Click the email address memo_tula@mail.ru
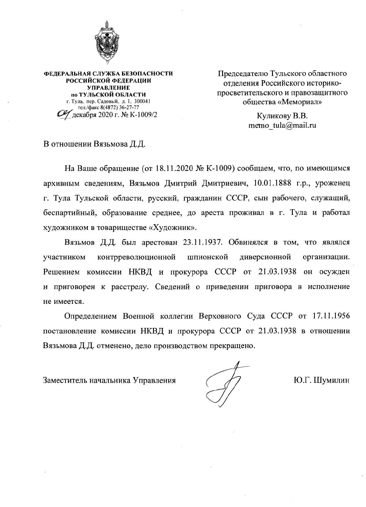point(282,125)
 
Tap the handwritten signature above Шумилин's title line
point(224,383)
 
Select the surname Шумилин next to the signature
point(332,380)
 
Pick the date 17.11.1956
point(331,316)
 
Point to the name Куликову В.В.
point(282,116)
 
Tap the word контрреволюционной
point(136,257)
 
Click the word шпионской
point(208,257)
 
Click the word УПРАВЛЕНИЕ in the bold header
point(108,88)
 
